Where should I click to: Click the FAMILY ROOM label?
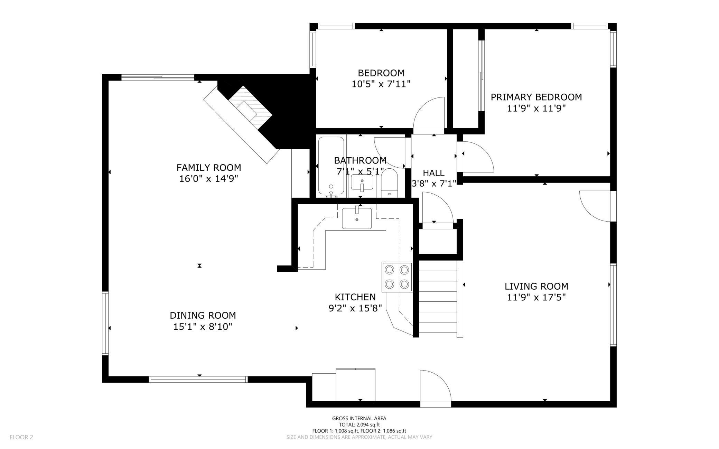(x=209, y=168)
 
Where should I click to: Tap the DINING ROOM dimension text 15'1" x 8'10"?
(x=203, y=327)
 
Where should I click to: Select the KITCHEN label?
(x=355, y=297)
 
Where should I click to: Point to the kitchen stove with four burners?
(x=397, y=277)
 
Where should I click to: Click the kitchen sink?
(x=357, y=218)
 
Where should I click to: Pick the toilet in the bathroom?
(x=390, y=183)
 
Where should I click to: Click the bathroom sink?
(x=362, y=182)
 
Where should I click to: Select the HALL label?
(x=433, y=173)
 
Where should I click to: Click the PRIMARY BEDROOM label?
(x=536, y=97)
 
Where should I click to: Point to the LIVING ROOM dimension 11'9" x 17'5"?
(x=536, y=297)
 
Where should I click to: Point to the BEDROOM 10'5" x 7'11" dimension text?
(x=381, y=84)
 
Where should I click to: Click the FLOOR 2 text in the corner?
(x=21, y=437)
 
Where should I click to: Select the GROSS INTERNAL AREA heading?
(x=359, y=418)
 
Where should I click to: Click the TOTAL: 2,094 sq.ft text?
(x=359, y=424)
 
